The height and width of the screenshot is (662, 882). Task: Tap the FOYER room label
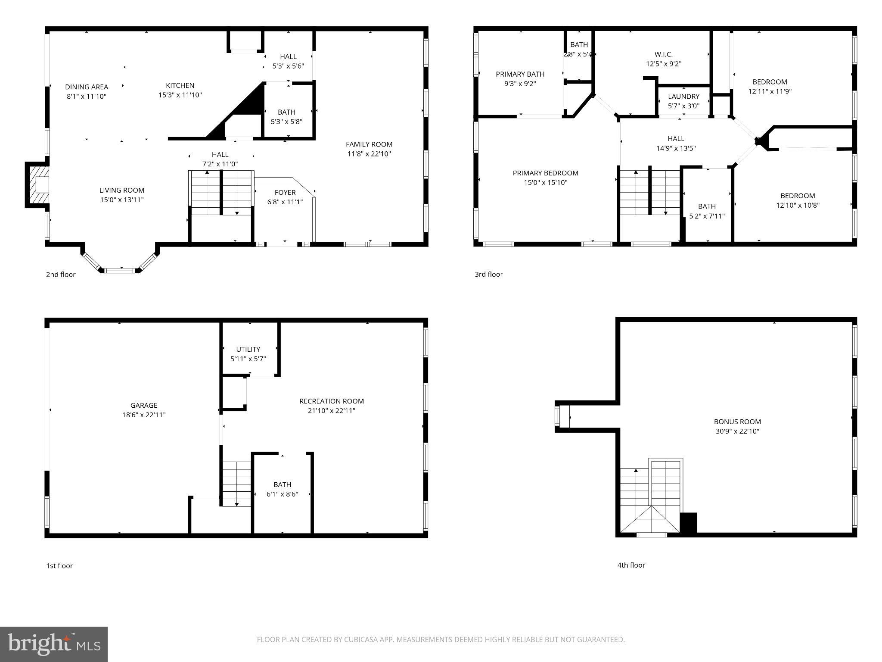point(285,192)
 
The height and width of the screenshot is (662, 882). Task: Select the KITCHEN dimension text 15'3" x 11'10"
point(180,95)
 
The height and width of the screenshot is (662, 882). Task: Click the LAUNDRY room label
point(683,96)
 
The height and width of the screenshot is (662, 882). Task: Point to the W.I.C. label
point(663,54)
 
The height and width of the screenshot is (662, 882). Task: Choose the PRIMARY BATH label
point(520,74)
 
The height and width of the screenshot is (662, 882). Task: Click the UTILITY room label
point(248,349)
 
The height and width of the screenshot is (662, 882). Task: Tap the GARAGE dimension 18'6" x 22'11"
point(143,415)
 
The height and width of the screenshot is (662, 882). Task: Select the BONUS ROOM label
point(737,422)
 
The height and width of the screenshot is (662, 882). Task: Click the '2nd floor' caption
point(61,275)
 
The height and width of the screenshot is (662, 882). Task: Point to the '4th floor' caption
point(631,565)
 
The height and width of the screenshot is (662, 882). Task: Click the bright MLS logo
point(54,644)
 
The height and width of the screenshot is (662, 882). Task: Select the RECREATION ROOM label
point(332,401)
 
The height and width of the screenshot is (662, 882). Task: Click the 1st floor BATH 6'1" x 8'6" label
point(282,489)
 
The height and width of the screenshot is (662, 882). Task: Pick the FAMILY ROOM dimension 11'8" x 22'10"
point(369,154)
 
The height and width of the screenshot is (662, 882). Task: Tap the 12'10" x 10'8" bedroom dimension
point(798,205)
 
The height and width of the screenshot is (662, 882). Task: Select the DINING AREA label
point(87,87)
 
